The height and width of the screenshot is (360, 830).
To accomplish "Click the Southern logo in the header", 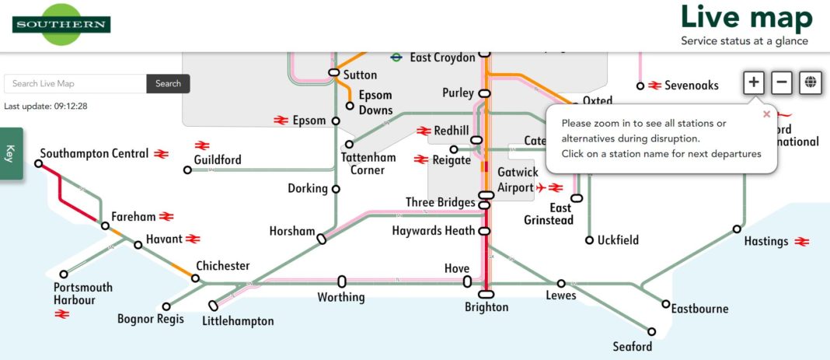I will click(61, 24).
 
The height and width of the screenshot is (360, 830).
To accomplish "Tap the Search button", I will click(168, 83).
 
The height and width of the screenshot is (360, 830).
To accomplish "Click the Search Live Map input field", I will click(75, 83).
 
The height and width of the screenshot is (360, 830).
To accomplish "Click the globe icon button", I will click(811, 82).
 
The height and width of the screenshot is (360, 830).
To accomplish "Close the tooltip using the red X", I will click(766, 114).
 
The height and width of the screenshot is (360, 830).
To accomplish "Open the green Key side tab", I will click(11, 153).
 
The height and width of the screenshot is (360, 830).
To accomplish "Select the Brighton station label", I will click(486, 307).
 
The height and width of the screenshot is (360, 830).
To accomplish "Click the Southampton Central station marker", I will click(38, 163).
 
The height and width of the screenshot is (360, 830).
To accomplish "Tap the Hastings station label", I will click(765, 241).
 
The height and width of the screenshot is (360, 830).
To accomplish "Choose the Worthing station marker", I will click(342, 281).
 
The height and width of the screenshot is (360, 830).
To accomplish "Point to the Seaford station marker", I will click(652, 332).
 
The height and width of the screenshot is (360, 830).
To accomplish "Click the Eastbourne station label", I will click(699, 309).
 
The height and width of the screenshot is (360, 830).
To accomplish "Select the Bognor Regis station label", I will click(151, 319).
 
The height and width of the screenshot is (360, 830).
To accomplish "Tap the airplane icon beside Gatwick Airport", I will click(542, 187).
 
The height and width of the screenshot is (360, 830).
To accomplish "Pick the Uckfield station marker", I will click(590, 240).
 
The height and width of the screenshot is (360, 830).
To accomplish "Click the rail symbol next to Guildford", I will click(202, 145).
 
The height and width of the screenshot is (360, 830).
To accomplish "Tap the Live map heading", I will click(746, 17).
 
